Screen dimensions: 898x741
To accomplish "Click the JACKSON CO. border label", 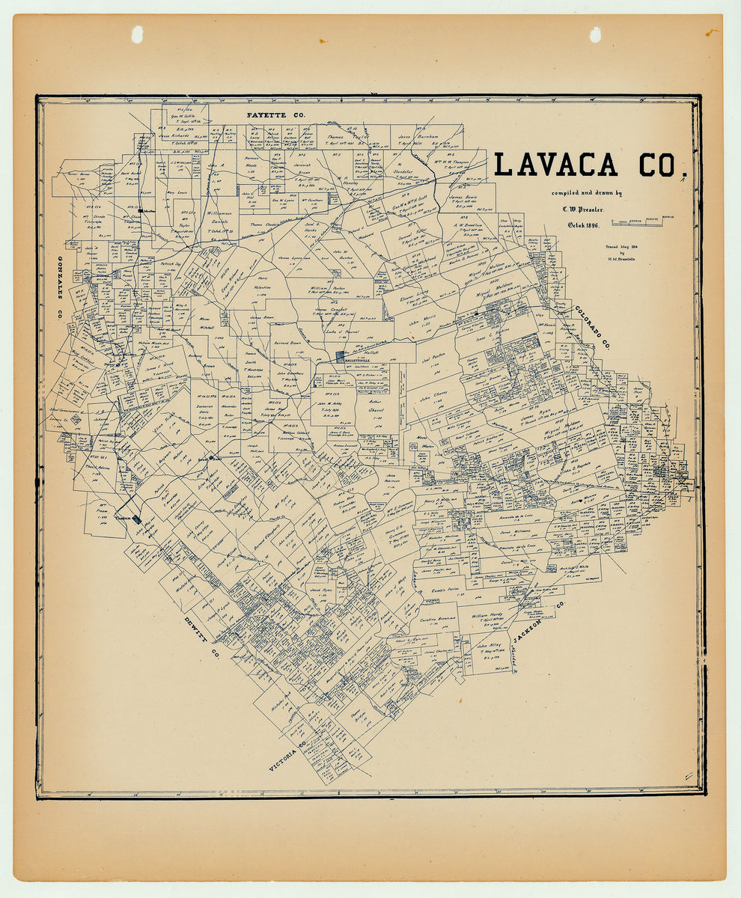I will tap(538, 622).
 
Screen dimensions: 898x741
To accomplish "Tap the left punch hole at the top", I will tap(137, 34).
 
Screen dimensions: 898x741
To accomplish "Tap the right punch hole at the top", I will tap(595, 34).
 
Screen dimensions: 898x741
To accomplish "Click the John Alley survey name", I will tap(489, 644).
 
